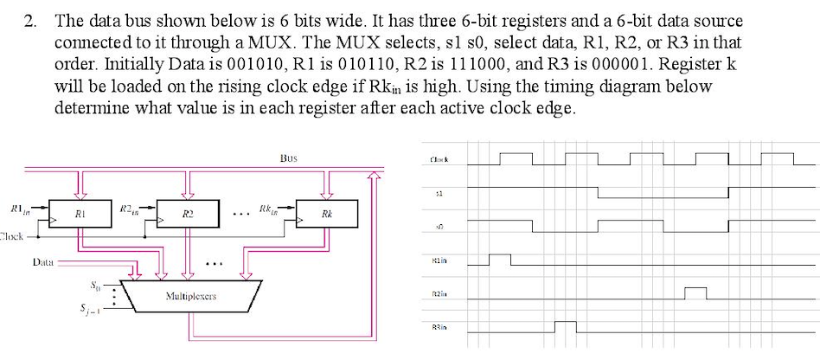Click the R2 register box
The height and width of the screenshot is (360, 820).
[187, 213]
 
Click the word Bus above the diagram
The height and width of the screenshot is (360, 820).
[289, 158]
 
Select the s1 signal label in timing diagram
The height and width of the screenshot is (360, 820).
[442, 194]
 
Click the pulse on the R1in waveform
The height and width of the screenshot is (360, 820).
[500, 259]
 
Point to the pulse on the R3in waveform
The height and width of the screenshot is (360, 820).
[565, 326]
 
